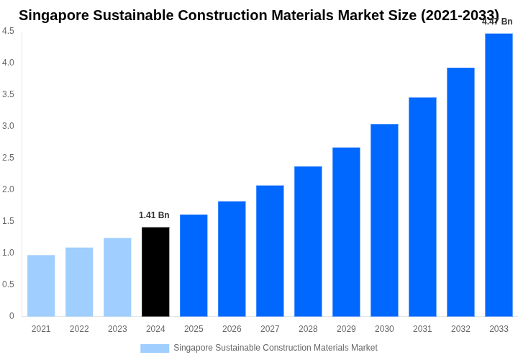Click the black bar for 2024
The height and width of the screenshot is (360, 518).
click(x=155, y=271)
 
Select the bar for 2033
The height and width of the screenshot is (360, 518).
click(x=499, y=175)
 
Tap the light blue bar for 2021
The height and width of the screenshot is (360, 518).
click(x=41, y=286)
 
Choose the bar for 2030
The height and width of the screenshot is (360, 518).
click(x=384, y=220)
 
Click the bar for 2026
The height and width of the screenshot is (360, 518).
click(x=232, y=258)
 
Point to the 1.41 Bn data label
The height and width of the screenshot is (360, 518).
click(x=154, y=215)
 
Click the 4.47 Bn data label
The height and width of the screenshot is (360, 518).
click(x=497, y=22)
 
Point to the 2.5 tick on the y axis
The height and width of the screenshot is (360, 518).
click(x=8, y=158)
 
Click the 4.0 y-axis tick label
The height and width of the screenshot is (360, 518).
click(x=8, y=63)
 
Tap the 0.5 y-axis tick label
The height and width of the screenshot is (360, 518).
click(x=8, y=284)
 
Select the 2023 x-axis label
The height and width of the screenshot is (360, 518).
click(x=117, y=329)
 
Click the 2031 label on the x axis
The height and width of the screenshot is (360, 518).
click(x=422, y=329)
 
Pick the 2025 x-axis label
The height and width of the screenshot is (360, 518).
click(x=194, y=329)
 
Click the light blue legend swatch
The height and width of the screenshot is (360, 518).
click(x=155, y=348)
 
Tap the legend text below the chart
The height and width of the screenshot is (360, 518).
click(x=275, y=348)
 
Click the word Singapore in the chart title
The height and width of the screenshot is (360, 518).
click(x=54, y=15)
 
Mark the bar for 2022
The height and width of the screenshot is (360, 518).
click(x=79, y=282)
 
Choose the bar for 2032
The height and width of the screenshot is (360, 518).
click(x=460, y=192)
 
